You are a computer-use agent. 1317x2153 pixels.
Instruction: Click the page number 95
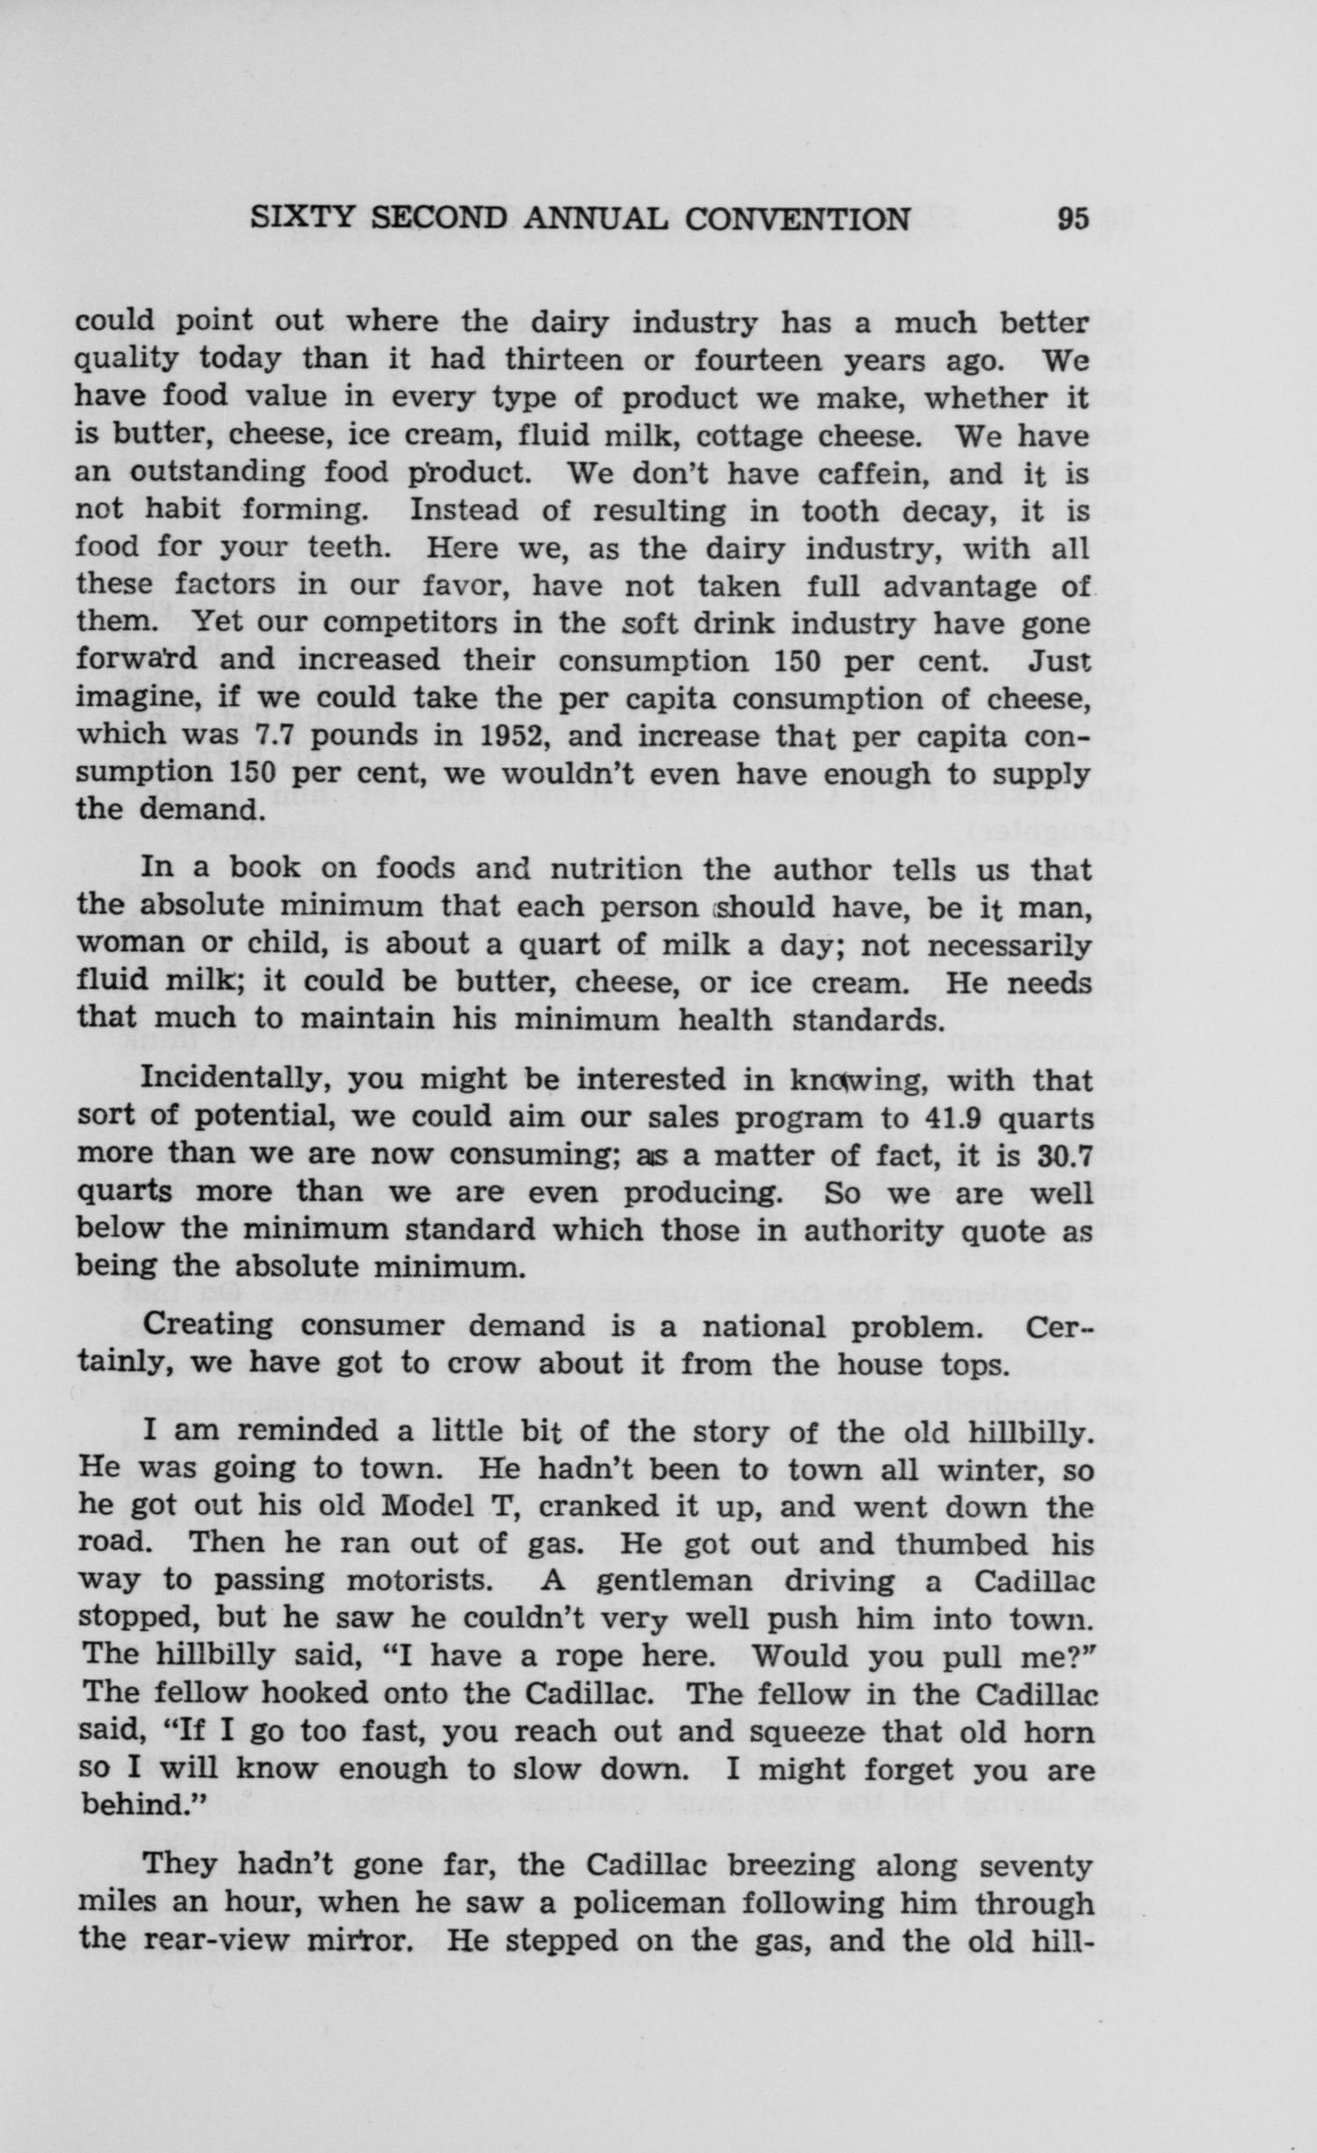pyautogui.click(x=1073, y=219)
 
